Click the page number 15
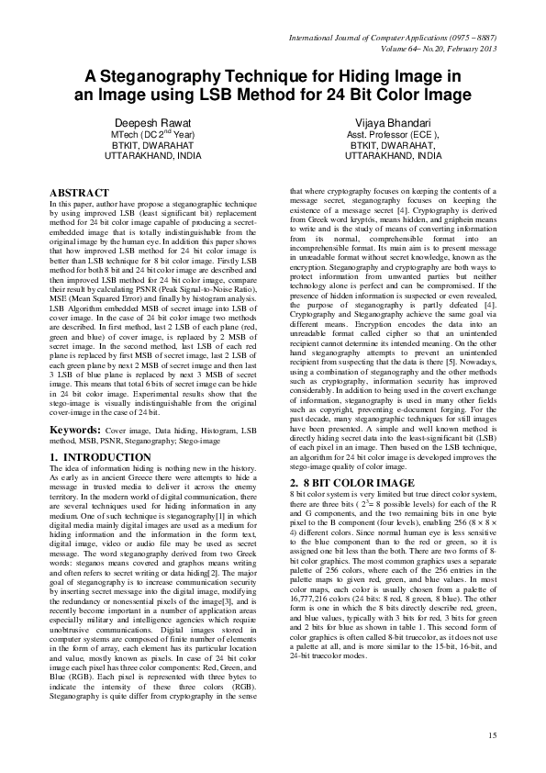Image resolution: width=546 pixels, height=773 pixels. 492,735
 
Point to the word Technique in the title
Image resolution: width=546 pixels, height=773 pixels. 257,77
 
